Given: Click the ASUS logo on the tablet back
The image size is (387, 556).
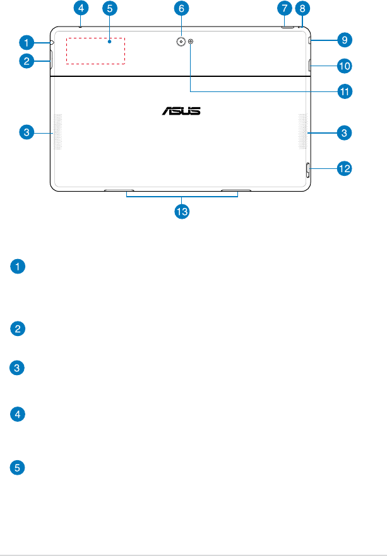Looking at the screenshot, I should [x=181, y=111].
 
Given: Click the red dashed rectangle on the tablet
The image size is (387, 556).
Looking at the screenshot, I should [x=96, y=50].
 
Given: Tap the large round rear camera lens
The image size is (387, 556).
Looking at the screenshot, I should [x=181, y=42].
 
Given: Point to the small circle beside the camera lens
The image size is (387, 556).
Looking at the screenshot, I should [x=191, y=42].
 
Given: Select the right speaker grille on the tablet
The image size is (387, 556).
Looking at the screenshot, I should [x=302, y=132].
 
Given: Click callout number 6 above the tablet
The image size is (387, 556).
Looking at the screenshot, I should [x=181, y=8].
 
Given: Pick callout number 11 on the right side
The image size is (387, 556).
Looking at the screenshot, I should [x=344, y=91].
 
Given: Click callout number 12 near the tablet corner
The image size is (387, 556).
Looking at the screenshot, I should [x=344, y=169].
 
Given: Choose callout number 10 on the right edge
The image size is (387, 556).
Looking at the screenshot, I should [x=344, y=65].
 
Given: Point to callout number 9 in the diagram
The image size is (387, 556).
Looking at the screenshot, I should [x=344, y=40].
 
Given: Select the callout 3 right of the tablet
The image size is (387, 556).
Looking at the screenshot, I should [x=344, y=132].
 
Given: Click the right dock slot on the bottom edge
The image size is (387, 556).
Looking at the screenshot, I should [x=236, y=189].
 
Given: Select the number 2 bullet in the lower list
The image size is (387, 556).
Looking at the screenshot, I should [x=20, y=328].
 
